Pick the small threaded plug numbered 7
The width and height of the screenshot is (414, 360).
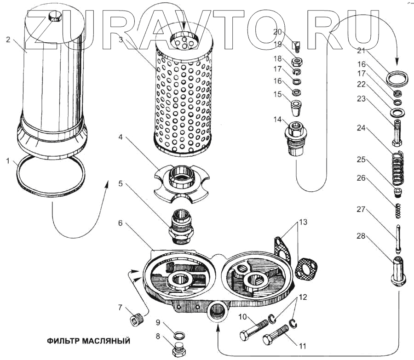tap(136, 318)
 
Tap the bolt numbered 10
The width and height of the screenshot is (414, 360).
tap(253, 327)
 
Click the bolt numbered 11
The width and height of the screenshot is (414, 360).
tap(277, 335)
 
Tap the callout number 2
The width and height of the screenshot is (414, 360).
tap(8, 40)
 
